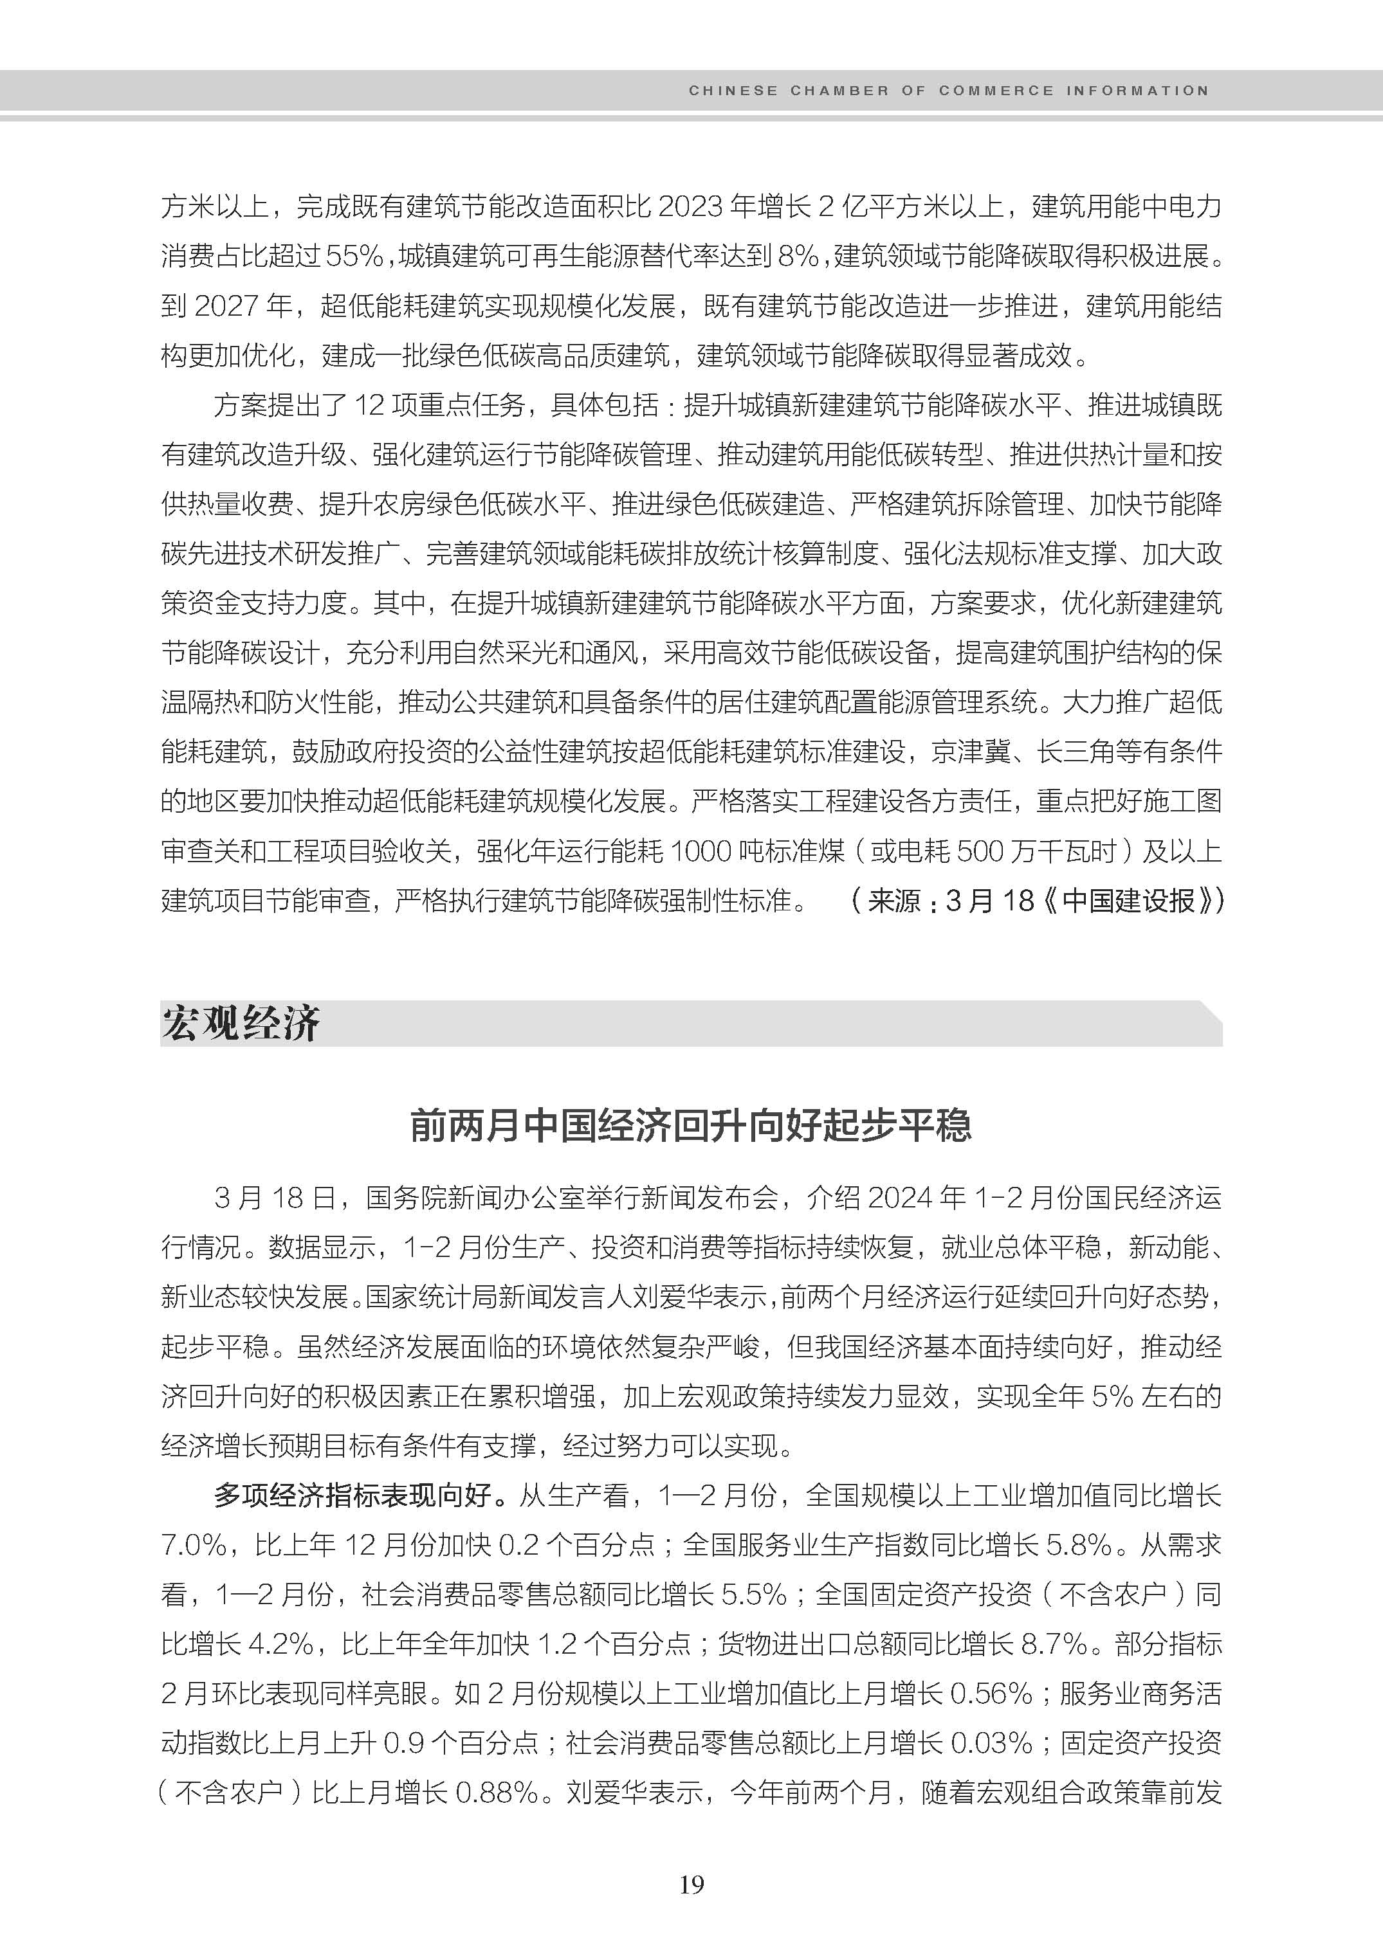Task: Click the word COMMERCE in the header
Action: click(x=996, y=90)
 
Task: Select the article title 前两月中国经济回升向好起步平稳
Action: click(x=691, y=1125)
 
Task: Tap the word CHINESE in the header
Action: click(x=733, y=90)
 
